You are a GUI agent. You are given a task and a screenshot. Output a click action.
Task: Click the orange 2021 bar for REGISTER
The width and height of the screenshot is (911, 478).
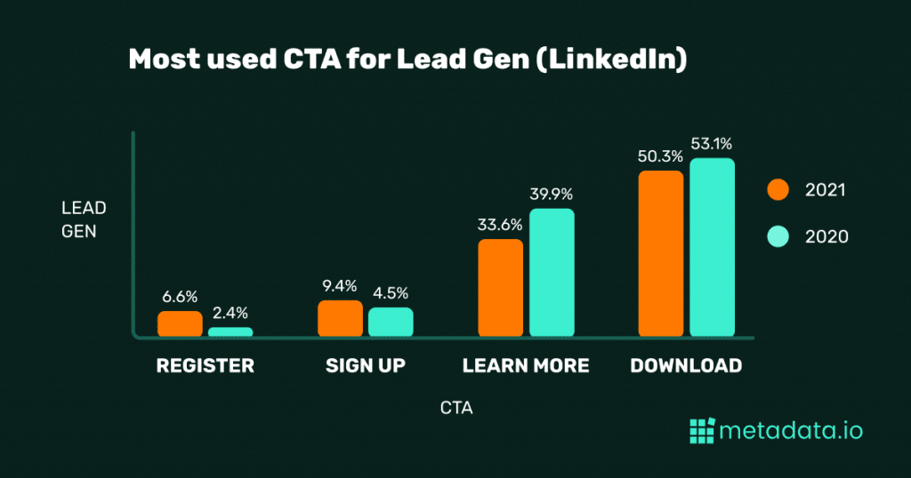180,323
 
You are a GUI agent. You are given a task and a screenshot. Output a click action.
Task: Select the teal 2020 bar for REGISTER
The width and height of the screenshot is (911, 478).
230,331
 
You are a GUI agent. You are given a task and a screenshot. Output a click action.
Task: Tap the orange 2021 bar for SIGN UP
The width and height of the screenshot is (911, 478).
340,318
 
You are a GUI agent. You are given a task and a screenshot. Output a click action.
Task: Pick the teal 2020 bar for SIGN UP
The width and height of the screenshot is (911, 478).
391,322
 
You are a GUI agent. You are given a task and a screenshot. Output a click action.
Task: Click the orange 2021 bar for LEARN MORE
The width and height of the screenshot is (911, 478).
500,288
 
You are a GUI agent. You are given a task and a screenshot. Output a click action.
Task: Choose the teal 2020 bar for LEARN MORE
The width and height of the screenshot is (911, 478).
552,273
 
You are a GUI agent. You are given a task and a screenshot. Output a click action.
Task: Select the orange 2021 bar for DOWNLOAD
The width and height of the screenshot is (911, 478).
661,254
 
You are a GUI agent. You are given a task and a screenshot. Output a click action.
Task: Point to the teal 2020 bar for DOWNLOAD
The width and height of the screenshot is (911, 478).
712,248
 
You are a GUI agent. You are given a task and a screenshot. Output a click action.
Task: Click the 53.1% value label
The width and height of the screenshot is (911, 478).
713,143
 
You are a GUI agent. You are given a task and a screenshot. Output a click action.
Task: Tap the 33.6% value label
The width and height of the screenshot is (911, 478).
500,225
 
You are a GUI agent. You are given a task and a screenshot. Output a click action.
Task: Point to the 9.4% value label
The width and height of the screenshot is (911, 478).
340,285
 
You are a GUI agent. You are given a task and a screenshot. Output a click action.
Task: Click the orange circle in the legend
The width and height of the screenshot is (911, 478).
778,189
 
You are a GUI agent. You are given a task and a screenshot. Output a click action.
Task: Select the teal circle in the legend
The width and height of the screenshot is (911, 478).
778,236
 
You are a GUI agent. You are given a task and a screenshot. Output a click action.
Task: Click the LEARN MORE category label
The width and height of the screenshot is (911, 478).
525,365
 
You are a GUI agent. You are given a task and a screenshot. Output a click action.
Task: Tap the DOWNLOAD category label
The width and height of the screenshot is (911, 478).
685,365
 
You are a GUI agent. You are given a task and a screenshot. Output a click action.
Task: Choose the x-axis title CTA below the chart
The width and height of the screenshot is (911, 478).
455,409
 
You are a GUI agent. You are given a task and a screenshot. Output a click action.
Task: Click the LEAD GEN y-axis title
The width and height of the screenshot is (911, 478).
84,219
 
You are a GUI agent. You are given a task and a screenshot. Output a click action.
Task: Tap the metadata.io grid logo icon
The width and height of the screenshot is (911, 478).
701,431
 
